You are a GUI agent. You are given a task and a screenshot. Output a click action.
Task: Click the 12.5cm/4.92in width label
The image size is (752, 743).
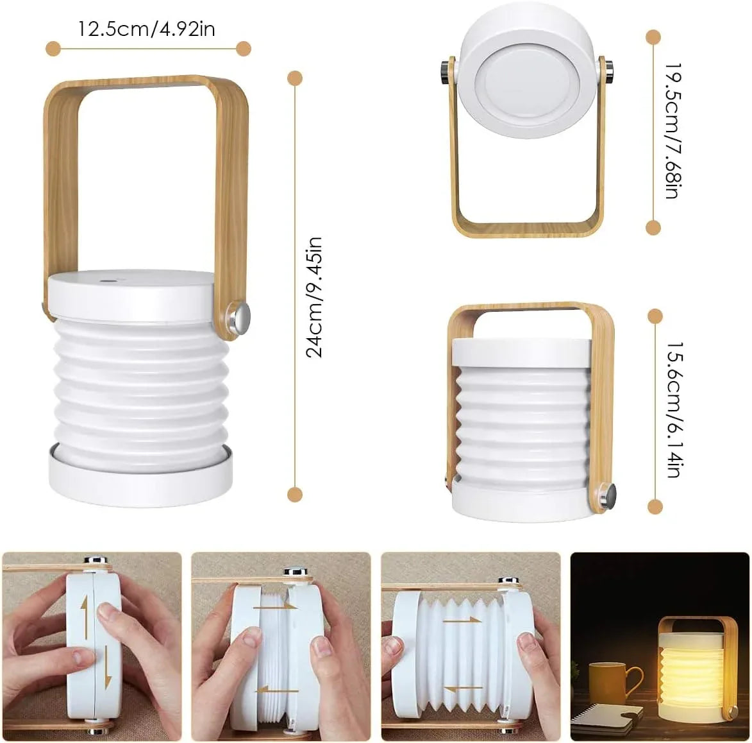pos(146,29)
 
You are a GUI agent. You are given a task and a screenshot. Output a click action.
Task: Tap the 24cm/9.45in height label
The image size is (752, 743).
pos(313,296)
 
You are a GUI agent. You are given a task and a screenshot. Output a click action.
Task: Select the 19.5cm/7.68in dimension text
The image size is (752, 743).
pos(672,131)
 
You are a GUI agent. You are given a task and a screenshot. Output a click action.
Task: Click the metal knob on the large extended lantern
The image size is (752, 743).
pos(241,318)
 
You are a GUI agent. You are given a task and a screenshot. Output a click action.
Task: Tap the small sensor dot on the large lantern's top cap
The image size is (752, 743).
pos(105,280)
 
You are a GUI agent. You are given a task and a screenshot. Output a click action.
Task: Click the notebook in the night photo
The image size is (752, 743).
pos(606,717)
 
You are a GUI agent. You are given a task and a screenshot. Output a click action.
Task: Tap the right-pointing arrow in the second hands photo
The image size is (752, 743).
pos(274,606)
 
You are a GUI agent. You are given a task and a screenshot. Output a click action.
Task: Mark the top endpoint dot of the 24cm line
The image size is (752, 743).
pos(294,79)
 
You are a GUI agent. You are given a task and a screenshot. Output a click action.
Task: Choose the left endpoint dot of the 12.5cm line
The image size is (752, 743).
pos(53,48)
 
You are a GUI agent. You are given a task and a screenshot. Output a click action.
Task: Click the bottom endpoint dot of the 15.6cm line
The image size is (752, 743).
pos(655,507)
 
